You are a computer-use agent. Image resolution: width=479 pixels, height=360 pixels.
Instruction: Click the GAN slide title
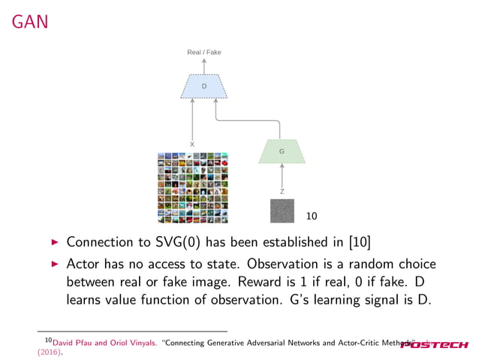29,23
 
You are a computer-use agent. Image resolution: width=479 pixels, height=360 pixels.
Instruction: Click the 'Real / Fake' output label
203,52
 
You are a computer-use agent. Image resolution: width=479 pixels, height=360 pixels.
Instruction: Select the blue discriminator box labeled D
203,86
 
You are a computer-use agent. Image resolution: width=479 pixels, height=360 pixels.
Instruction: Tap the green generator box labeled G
282,152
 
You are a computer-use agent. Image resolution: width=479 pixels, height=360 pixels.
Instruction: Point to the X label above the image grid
192,144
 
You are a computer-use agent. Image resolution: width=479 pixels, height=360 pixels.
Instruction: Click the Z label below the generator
282,192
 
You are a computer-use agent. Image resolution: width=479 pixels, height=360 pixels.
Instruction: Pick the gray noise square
283,211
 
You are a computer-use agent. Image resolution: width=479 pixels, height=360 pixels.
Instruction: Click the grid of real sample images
192,187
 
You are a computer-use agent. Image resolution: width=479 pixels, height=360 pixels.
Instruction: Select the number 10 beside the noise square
312,216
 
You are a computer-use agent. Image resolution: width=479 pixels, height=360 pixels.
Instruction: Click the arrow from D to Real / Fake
203,66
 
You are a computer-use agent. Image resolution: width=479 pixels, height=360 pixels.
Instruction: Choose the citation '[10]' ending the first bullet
357,244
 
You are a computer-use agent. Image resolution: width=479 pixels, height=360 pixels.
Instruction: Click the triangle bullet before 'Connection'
53,244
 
